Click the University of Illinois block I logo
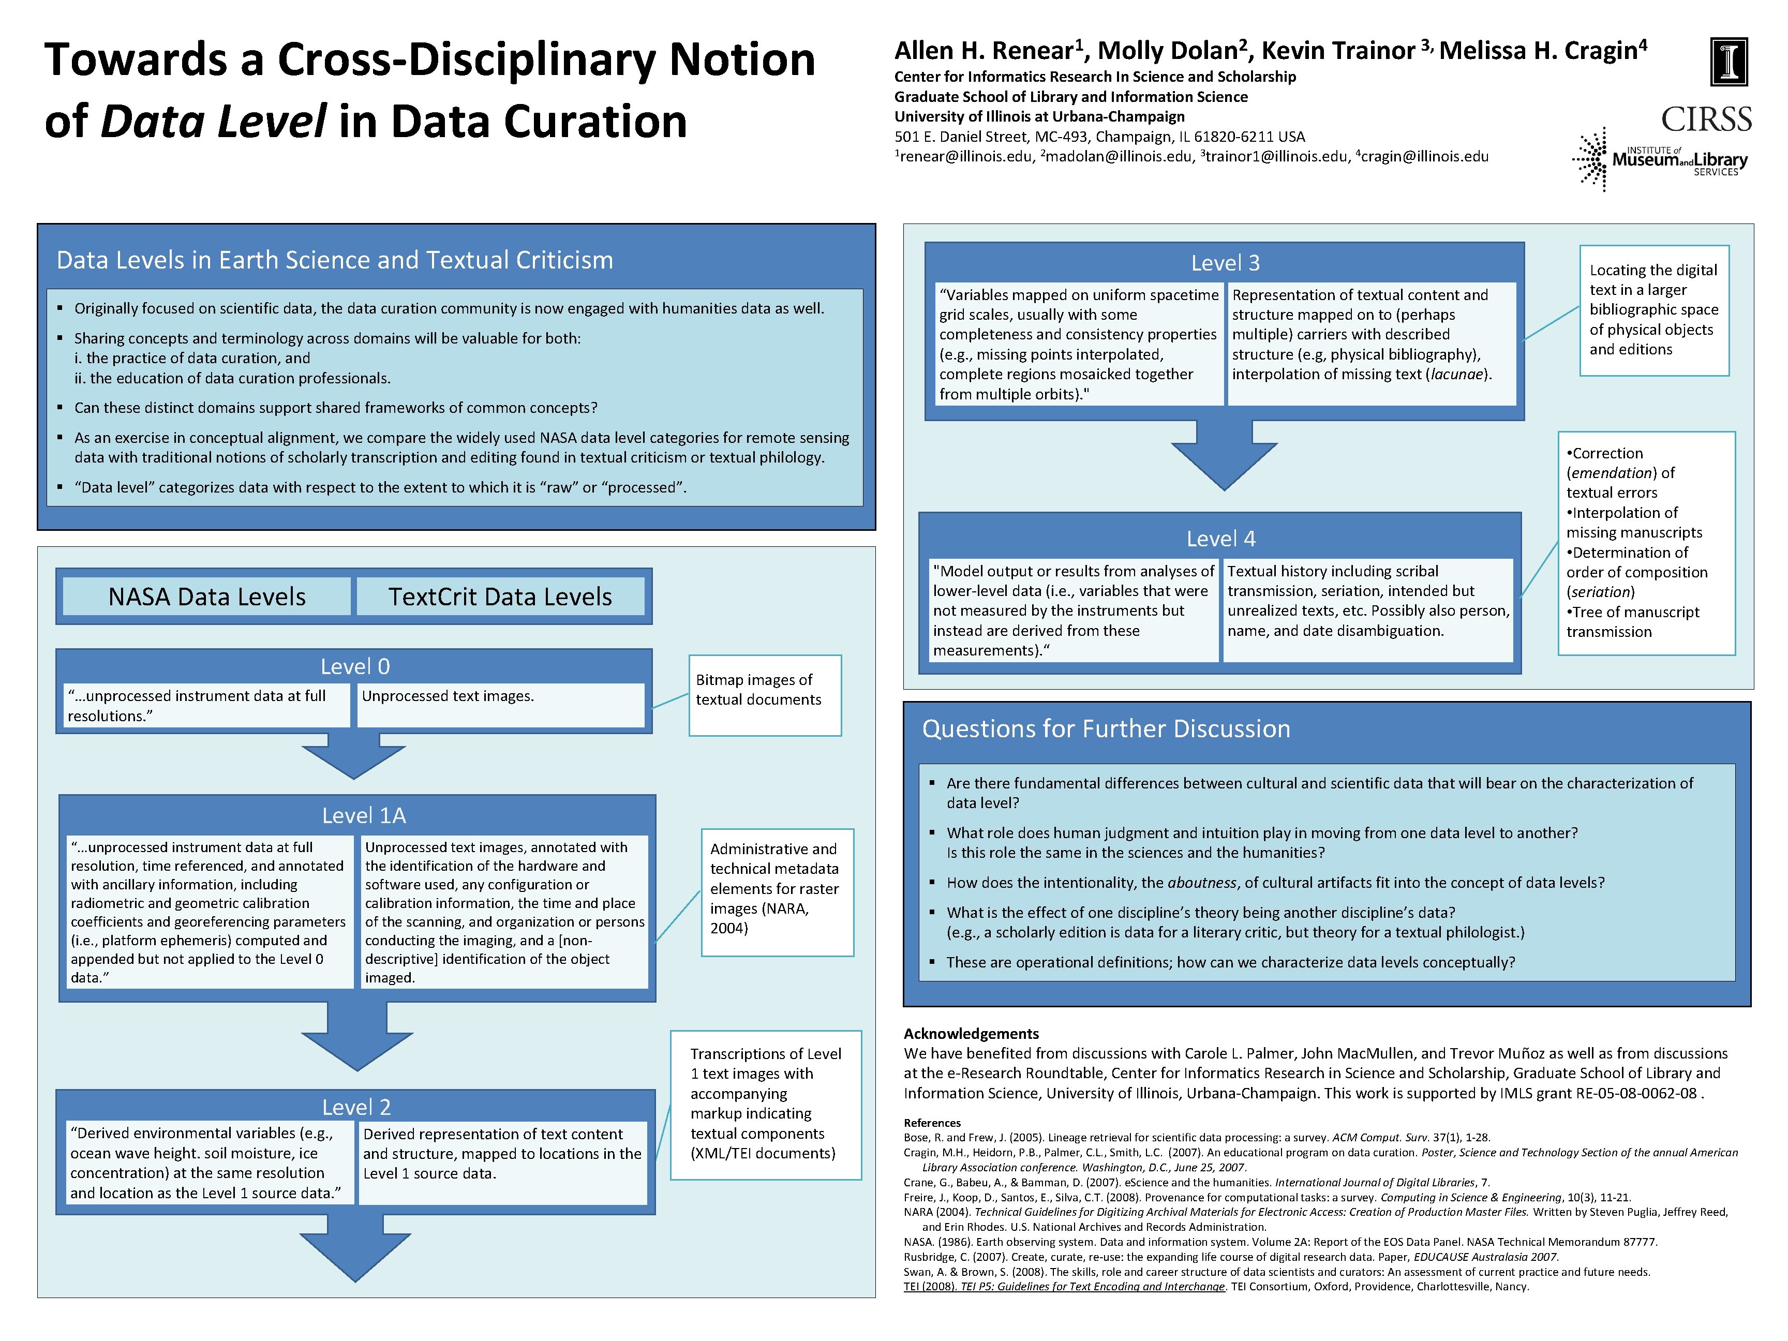coord(1729,62)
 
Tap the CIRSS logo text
coord(1706,120)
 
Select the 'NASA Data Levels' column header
coord(207,597)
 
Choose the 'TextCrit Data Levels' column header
coord(500,597)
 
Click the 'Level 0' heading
coord(355,666)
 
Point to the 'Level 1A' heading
coord(364,815)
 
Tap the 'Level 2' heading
coord(356,1107)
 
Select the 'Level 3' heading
coord(1225,263)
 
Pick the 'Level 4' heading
coord(1220,539)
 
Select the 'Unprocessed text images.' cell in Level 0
coord(500,704)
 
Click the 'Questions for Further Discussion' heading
coord(1106,729)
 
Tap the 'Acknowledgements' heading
coord(971,1033)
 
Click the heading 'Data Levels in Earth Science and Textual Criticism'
coord(335,260)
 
